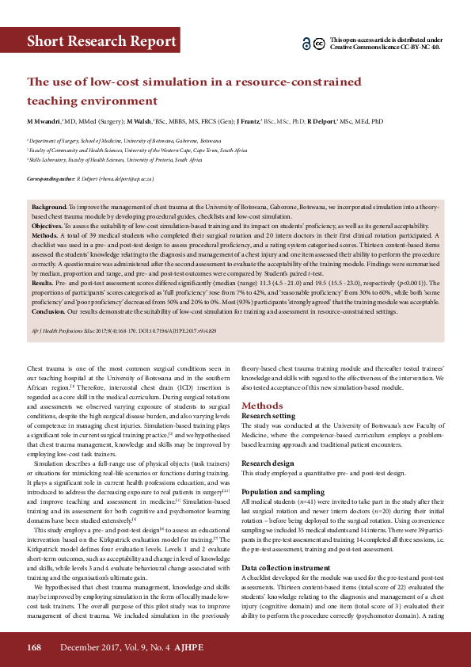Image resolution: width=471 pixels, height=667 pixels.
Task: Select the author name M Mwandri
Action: pos(43,122)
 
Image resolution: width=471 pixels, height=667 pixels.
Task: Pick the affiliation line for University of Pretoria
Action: pos(115,160)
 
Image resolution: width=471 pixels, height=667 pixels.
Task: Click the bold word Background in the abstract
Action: pos(49,204)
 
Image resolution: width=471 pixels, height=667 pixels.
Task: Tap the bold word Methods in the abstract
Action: pos(46,236)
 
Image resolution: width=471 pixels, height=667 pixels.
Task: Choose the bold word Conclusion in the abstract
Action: pos(50,311)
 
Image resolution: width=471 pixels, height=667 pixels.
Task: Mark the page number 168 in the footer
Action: pos(34,647)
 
